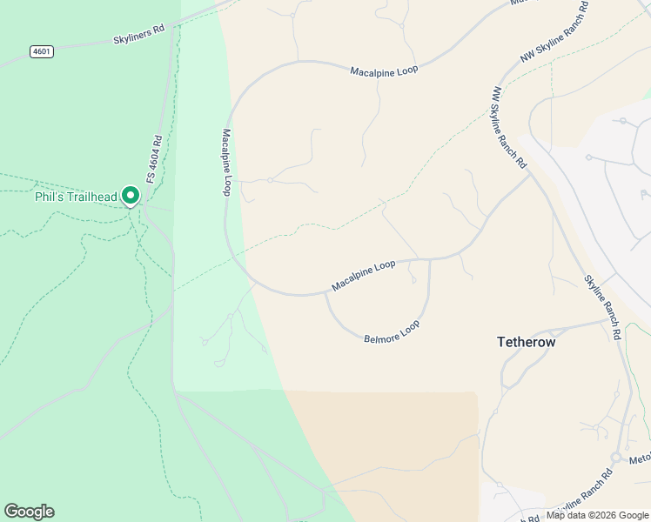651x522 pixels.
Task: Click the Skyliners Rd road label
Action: pos(138,35)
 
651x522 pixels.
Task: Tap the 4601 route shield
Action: pos(41,51)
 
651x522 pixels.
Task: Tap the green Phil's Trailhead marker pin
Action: pos(131,196)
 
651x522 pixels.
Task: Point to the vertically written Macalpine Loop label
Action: pos(226,162)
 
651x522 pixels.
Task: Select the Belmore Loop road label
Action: pos(392,331)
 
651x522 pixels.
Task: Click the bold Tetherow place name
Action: pos(526,343)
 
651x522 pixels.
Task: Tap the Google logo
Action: pos(29,512)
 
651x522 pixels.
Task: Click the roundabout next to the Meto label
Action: pos(615,457)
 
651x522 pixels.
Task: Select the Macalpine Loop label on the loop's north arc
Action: pos(384,69)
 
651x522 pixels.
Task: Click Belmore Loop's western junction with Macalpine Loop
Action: pos(326,293)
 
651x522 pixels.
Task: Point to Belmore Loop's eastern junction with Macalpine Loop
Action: pos(430,259)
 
